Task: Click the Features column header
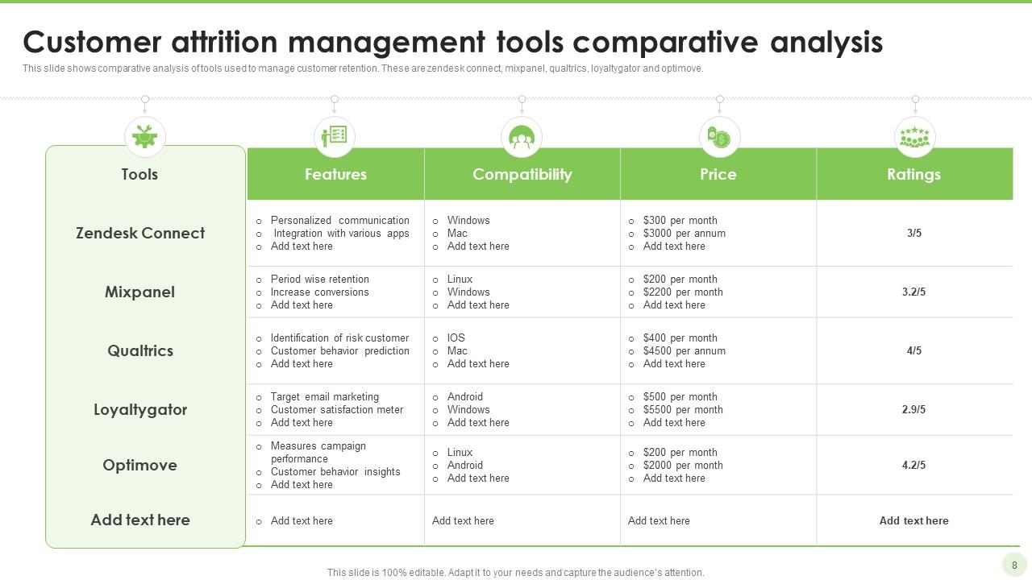(335, 174)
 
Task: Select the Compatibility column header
(522, 174)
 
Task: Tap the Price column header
(718, 174)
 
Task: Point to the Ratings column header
(913, 174)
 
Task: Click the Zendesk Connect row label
(140, 233)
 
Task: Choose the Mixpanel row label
(139, 292)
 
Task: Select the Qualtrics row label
(139, 350)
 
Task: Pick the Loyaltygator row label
(140, 409)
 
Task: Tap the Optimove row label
(139, 465)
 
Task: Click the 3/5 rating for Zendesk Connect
(913, 233)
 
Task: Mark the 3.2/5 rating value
(913, 292)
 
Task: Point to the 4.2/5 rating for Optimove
(913, 465)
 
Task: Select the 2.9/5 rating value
(913, 409)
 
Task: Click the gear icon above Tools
(145, 137)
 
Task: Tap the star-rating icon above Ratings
(914, 137)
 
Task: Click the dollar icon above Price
(719, 137)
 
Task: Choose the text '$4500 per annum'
(684, 350)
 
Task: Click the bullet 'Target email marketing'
(324, 396)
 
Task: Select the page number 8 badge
(1014, 565)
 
